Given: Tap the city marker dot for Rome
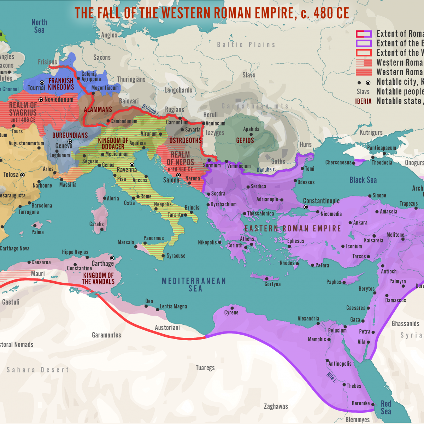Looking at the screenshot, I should click(138, 197).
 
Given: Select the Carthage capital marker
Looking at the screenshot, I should click(112, 258).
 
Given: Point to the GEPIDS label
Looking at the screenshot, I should click(245, 141).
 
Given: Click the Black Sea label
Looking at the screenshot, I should click(363, 180).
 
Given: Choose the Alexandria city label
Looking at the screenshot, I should click(308, 319).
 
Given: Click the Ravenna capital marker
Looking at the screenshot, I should click(132, 165).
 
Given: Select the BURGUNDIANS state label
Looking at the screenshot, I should click(70, 135).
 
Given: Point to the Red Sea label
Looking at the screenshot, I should click(386, 407).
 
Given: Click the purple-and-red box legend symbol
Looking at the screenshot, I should click(364, 34).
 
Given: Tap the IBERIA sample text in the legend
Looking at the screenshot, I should click(363, 101).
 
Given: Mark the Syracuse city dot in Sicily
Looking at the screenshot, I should click(163, 256).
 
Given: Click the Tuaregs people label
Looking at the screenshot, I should click(205, 368).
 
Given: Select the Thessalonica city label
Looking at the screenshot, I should click(260, 214).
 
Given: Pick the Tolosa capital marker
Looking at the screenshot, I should click(22, 175).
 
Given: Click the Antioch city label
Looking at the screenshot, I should click(389, 271).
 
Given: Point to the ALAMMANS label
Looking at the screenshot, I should click(98, 110).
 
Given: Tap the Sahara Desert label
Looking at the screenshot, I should click(38, 370).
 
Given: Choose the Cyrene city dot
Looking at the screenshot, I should click(232, 307).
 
